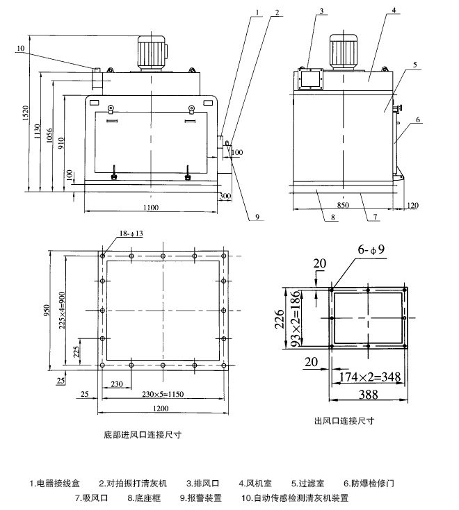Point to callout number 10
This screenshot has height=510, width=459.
click(x=20, y=48)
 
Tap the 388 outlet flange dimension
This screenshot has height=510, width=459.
click(x=369, y=395)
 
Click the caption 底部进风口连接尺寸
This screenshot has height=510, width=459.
click(x=142, y=434)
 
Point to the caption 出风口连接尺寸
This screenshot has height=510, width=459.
click(x=344, y=421)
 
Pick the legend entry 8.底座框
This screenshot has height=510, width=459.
click(x=143, y=497)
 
